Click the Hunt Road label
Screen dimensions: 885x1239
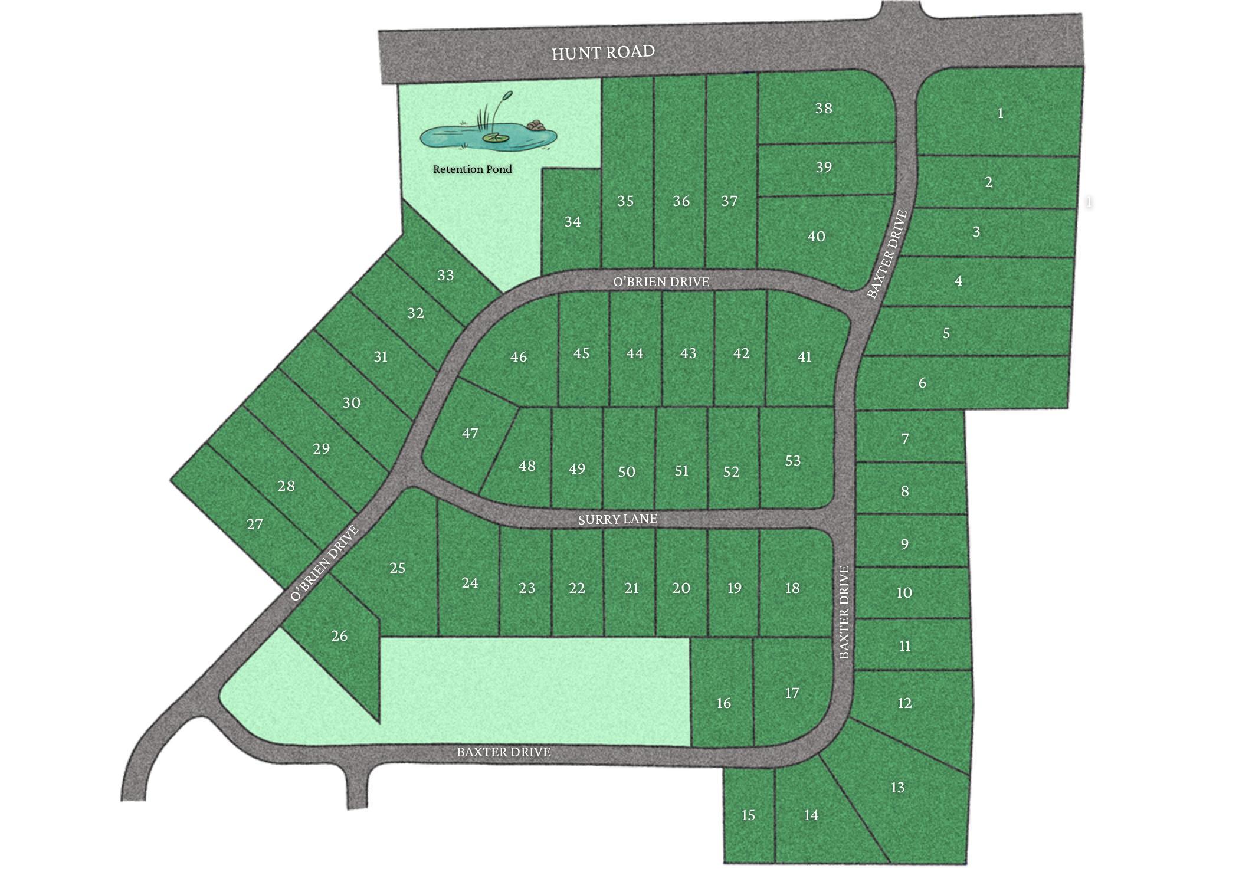point(603,53)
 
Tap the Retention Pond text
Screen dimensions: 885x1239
point(472,169)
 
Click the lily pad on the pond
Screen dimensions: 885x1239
point(495,137)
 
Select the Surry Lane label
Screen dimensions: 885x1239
point(617,519)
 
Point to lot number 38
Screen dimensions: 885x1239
point(823,108)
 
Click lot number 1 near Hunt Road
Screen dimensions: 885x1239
point(1000,113)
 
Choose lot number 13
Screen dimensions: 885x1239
point(897,787)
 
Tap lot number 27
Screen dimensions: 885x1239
point(254,524)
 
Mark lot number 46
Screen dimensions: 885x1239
point(518,357)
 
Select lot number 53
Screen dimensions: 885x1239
point(792,460)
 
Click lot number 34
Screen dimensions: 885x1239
point(572,222)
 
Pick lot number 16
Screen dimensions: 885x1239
point(723,703)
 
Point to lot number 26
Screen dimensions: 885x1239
point(339,636)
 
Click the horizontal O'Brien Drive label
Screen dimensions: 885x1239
point(661,282)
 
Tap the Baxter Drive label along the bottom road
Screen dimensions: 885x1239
point(503,752)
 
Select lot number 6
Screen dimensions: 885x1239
point(922,383)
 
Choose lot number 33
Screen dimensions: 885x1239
point(445,275)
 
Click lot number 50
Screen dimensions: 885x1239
point(627,471)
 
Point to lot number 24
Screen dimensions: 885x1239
point(470,583)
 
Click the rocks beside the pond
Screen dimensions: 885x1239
point(536,124)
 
